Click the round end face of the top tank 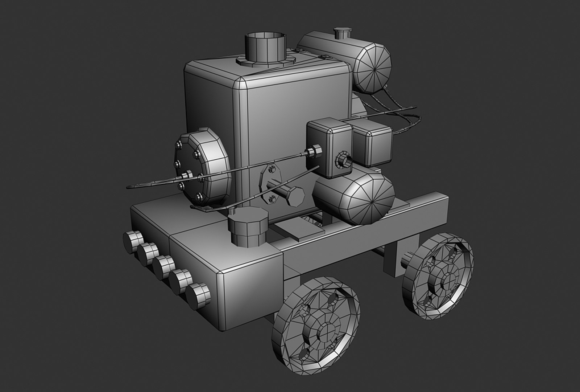click(373, 68)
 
